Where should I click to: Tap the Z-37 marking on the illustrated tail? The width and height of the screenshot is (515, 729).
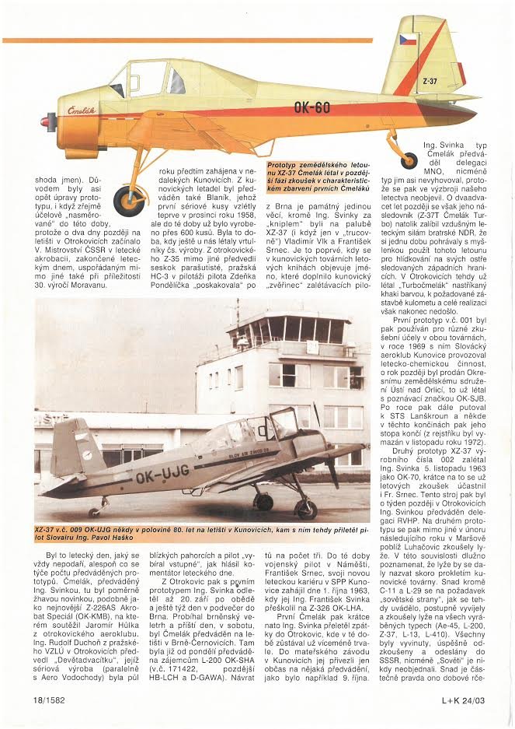click(430, 80)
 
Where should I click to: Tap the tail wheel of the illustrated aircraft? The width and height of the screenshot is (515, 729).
click(409, 160)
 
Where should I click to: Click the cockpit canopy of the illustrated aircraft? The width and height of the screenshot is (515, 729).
click(148, 79)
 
